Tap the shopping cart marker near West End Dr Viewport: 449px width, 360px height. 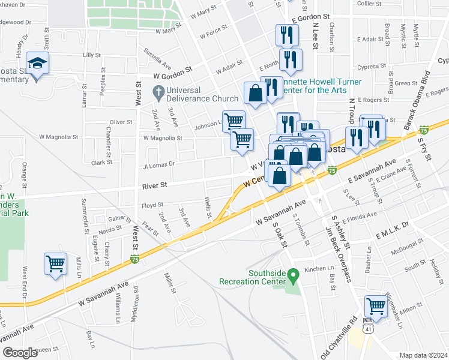click(x=55, y=263)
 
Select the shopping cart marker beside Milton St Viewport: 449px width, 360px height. click(x=376, y=306)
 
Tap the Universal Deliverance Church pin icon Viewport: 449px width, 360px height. click(x=158, y=92)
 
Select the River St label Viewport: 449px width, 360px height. click(x=154, y=187)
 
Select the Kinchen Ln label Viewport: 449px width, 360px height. click(x=319, y=269)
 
